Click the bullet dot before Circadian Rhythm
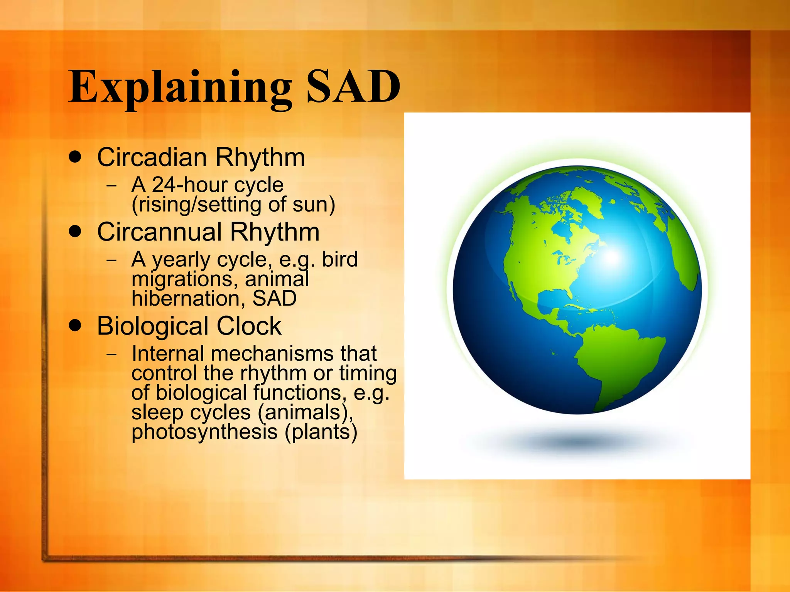point(75,157)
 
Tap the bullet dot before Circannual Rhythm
point(75,232)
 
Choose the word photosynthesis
point(204,432)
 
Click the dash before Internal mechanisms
point(112,353)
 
